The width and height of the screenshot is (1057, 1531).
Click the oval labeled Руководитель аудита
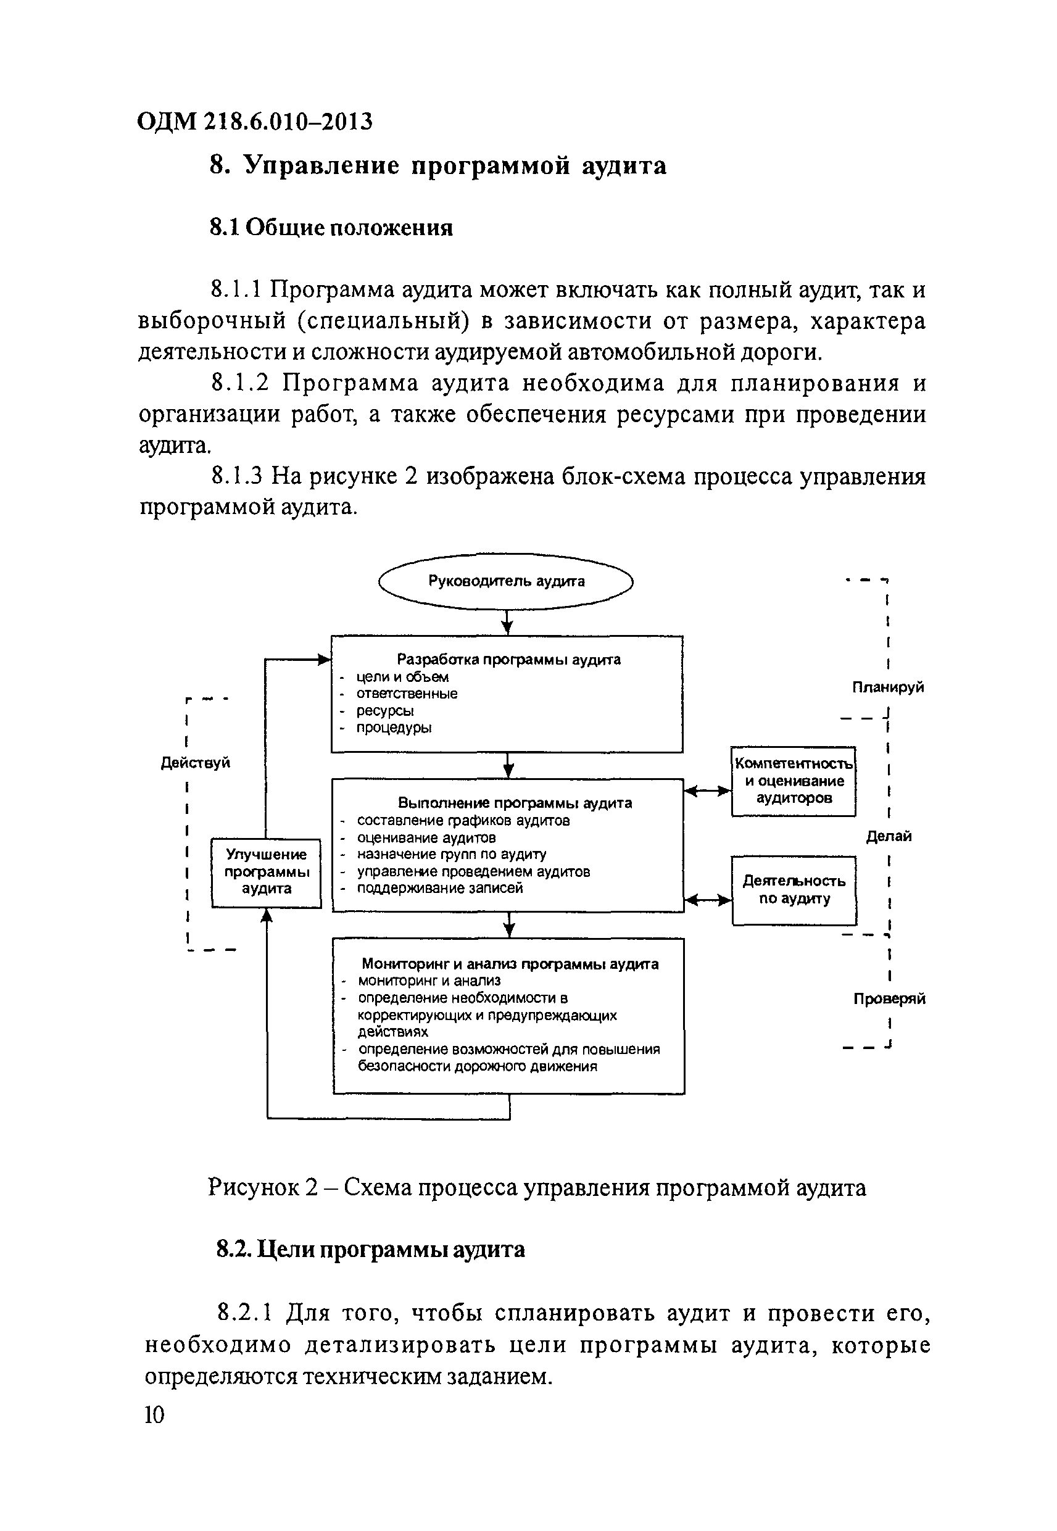[505, 581]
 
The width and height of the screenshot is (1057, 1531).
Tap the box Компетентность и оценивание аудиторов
[794, 781]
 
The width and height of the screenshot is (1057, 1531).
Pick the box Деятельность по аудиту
[794, 889]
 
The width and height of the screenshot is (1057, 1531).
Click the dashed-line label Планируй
[887, 687]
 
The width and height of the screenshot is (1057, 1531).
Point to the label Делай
[889, 836]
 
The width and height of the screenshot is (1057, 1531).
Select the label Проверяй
[889, 998]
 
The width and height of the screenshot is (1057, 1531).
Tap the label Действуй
[196, 763]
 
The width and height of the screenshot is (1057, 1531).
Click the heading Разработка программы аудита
[508, 660]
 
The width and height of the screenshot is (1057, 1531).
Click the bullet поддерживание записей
[440, 888]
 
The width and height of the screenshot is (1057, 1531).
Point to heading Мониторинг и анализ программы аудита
[509, 964]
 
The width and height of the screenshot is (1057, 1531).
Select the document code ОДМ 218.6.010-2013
[255, 122]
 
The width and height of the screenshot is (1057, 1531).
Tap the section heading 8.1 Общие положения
[331, 228]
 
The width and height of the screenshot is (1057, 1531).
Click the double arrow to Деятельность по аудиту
[707, 900]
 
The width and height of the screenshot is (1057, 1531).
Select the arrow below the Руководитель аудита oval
[507, 623]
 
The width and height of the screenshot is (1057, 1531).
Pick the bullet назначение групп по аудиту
[451, 854]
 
